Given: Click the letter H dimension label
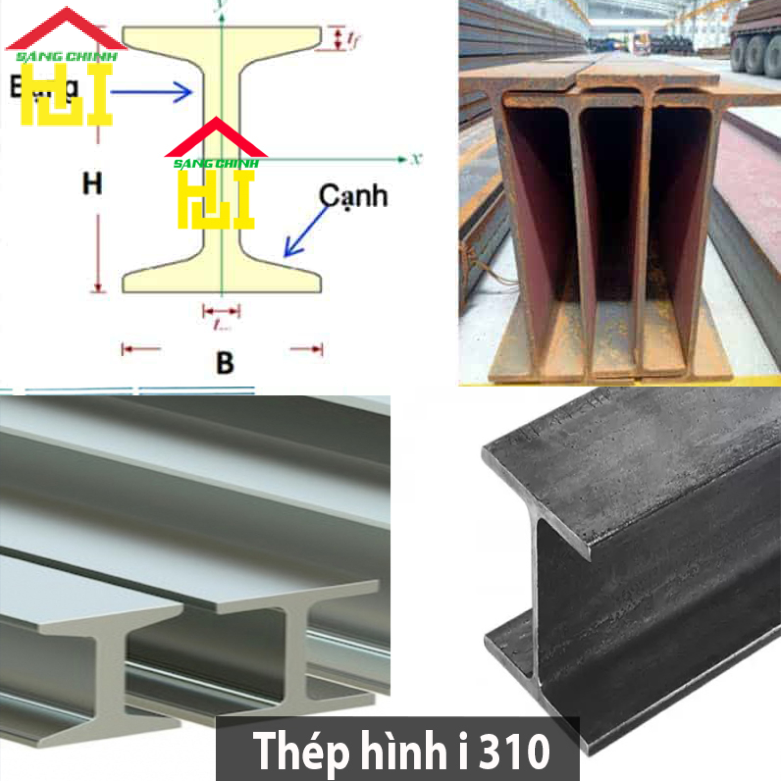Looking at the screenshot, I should [92, 183].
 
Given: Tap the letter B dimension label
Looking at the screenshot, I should [224, 363].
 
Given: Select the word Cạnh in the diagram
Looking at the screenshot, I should [353, 197].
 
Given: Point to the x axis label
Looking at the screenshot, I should [415, 159].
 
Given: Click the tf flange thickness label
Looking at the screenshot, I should [354, 39].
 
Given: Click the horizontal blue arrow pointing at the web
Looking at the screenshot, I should [151, 93].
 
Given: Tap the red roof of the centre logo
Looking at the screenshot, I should [216, 140].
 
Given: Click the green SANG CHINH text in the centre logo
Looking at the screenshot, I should [216, 163].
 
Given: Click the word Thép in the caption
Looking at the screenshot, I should [300, 751].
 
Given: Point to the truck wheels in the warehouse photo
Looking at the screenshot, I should [755, 52].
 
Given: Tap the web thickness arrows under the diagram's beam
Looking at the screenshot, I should [221, 312].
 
